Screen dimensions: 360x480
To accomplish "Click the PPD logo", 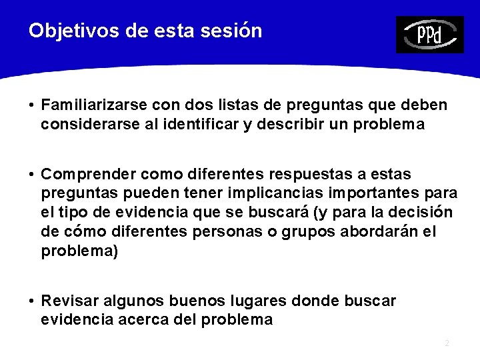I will pyautogui.click(x=429, y=35).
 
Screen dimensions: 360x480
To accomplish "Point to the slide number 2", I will pyautogui.click(x=447, y=343).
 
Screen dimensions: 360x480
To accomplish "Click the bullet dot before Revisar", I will pyautogui.click(x=32, y=301).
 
